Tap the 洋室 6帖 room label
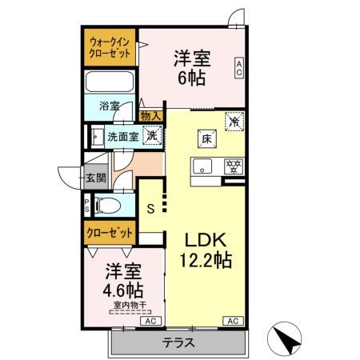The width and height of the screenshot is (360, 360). click(192, 67)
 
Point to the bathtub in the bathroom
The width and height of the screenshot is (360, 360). click(111, 84)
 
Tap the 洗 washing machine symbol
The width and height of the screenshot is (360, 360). click(150, 135)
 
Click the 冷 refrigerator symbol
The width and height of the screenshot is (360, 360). click(234, 122)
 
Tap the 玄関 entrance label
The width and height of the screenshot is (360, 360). click(96, 178)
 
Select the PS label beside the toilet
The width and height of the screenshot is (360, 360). click(87, 206)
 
